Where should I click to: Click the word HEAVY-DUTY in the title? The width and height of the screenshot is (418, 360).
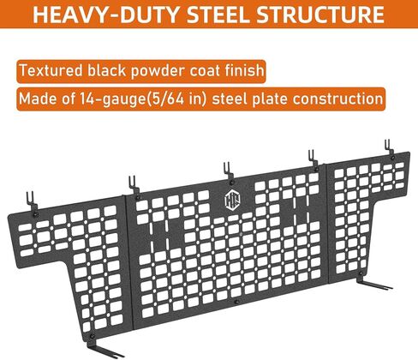tap(106, 15)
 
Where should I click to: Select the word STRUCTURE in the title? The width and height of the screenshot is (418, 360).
tap(320, 15)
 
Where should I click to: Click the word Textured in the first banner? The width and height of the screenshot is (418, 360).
tap(51, 70)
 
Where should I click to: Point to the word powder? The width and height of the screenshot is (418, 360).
tap(158, 71)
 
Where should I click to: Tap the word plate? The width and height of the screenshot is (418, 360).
tap(270, 99)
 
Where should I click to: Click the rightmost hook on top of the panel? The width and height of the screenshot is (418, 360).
tap(389, 149)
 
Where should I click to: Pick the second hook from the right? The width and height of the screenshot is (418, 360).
tap(312, 160)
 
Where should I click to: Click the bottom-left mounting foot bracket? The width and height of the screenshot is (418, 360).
tap(104, 348)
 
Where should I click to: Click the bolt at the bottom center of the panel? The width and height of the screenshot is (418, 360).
tap(236, 302)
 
